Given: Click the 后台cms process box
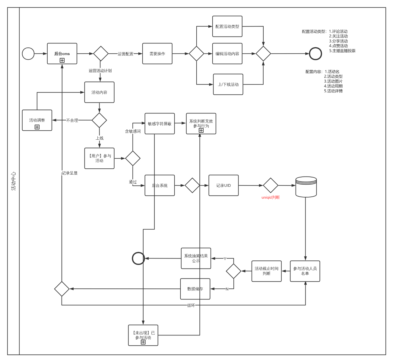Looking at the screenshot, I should tap(62, 54).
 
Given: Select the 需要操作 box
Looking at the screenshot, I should tap(157, 54).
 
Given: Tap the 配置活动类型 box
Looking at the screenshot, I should tap(227, 27).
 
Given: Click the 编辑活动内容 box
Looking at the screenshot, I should tap(227, 54).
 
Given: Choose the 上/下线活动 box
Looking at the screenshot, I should tap(228, 84).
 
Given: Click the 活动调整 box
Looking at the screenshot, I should tap(37, 120).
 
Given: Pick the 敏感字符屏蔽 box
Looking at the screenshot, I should tap(160, 124).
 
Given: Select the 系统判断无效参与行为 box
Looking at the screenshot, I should tap(201, 124).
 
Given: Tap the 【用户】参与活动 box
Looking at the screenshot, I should tap(99, 158).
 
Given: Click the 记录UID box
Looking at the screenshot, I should tap(223, 186).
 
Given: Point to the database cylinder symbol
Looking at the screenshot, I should tap(306, 187).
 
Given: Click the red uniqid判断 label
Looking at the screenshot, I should tap(271, 197).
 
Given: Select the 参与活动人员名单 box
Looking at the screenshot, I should tap(305, 271).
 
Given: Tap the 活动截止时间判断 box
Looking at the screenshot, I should tap(266, 271).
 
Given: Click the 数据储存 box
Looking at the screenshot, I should tap(195, 289).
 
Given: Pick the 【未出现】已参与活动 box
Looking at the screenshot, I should tap(143, 335).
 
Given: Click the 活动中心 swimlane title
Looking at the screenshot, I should tap(14, 181).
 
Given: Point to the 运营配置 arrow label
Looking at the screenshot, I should tap(125, 54).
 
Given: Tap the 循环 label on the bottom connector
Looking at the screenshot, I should tap(191, 305).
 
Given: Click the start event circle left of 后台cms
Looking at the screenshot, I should tap(28, 54).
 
